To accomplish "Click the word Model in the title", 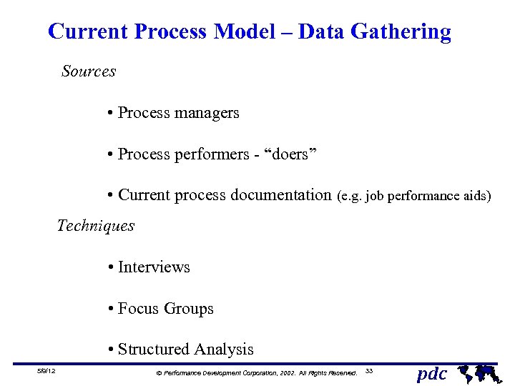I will (252, 32).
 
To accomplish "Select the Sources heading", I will (89, 71).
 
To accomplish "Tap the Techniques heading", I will (96, 226).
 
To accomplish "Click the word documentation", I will (281, 195).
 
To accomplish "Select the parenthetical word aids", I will (477, 196).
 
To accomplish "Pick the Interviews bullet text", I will (154, 267).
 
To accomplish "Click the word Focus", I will (139, 309).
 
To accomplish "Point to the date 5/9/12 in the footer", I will (48, 371).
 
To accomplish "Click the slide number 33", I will (369, 371).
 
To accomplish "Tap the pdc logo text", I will (431, 373).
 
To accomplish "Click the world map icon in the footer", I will (478, 372).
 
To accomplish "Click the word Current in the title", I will (88, 32).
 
